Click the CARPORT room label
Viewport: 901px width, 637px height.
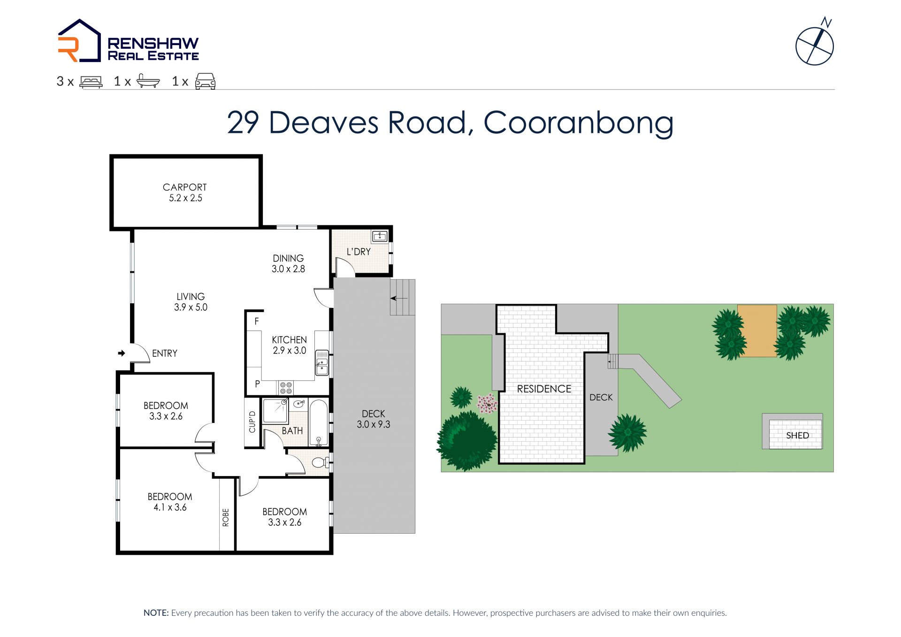pos(185,187)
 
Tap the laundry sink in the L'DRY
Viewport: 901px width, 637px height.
pos(379,236)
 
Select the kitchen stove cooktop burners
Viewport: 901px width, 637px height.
pos(286,388)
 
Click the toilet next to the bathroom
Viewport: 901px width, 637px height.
pos(321,463)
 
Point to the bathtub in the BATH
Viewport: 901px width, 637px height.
pos(319,422)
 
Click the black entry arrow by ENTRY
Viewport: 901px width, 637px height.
pos(122,353)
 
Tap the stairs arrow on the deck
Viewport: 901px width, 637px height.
pos(399,298)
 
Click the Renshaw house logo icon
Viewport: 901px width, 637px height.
pos(79,41)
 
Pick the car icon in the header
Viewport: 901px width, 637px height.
pos(206,81)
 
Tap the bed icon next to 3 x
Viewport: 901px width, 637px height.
pos(91,82)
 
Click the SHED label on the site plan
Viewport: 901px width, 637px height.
pos(797,435)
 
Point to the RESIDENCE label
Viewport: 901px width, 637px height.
pos(544,389)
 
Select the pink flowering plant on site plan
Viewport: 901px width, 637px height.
pos(487,403)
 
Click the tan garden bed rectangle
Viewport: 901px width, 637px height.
pos(757,331)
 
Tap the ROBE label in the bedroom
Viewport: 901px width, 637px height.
pos(226,517)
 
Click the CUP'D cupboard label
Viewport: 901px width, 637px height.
pos(252,422)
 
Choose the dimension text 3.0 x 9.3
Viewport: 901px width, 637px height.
pos(374,424)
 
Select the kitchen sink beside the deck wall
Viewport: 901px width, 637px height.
pos(322,362)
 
